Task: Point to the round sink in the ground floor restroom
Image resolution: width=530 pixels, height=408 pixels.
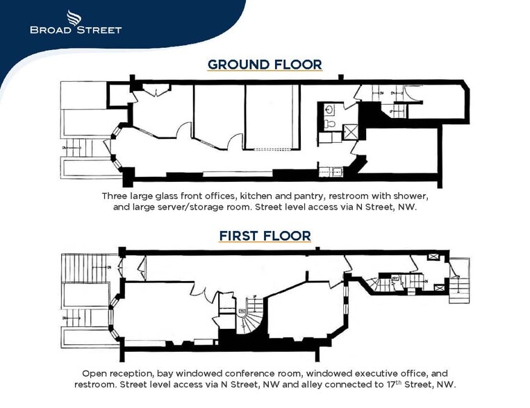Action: tap(329, 109)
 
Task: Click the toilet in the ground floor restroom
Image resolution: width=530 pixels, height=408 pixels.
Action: tap(331, 124)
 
